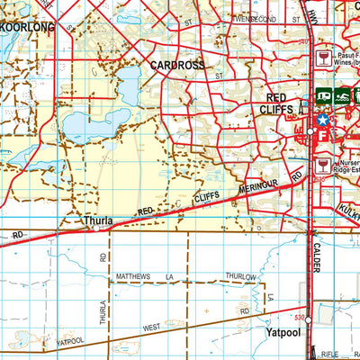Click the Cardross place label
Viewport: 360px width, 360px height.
click(x=177, y=65)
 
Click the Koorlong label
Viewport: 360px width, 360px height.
click(x=27, y=28)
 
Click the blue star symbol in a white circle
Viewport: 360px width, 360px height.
click(x=322, y=119)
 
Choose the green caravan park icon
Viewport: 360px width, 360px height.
click(x=322, y=96)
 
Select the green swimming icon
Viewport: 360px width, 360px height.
click(x=342, y=96)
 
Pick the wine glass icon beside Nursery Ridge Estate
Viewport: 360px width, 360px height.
click(x=323, y=165)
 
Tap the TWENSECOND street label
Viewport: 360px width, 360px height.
click(x=255, y=17)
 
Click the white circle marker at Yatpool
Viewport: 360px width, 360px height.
click(x=308, y=319)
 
